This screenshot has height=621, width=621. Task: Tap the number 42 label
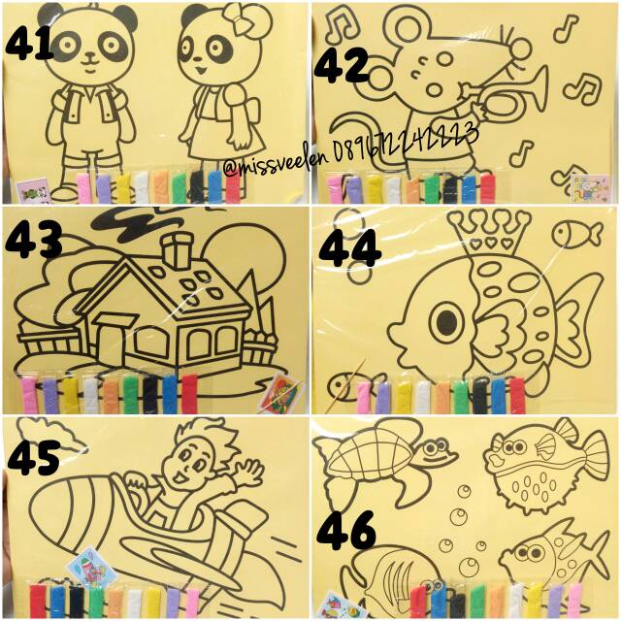344,66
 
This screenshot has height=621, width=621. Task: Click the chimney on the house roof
178,250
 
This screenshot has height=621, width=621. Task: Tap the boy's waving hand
247,473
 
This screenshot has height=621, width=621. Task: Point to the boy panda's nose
88,58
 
